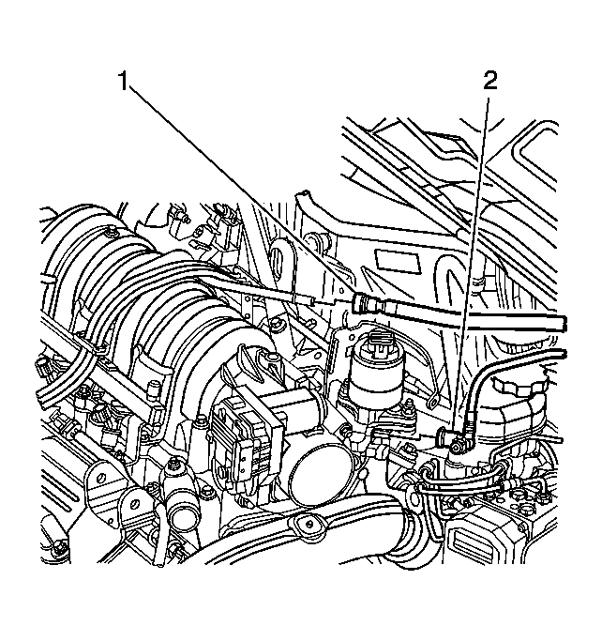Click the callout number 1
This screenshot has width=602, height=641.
click(123, 82)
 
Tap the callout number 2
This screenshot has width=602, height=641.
click(489, 82)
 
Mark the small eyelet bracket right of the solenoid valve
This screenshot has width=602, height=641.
click(433, 402)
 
